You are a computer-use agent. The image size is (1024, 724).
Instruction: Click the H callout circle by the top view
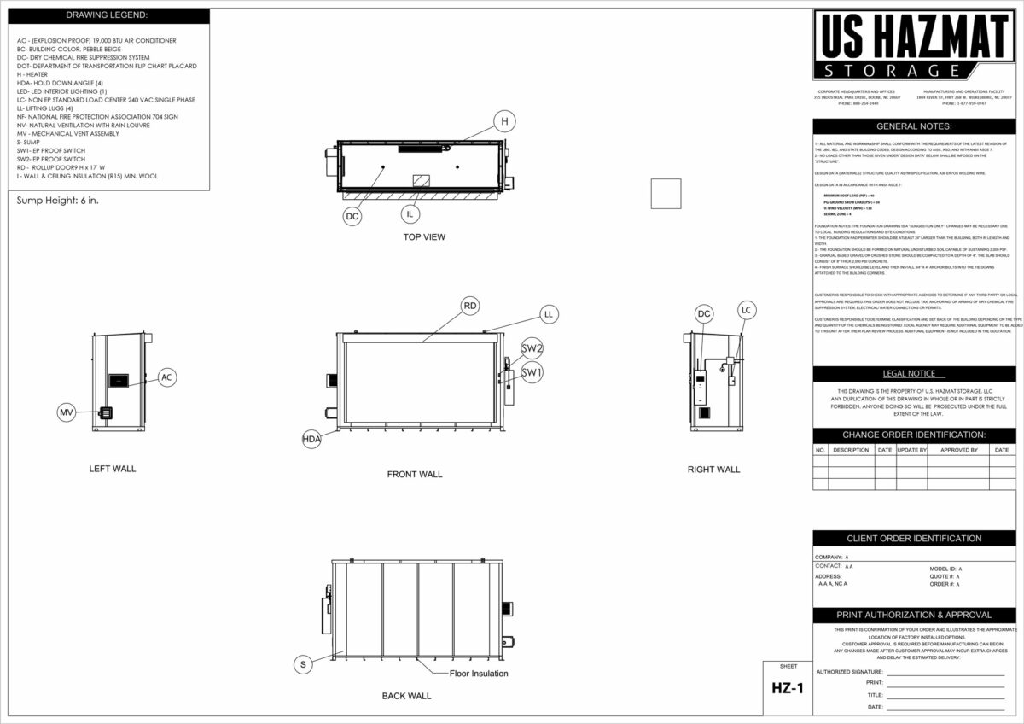(504, 122)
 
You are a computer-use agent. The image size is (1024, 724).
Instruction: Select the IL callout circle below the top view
(411, 213)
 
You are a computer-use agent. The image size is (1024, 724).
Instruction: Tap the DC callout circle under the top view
(352, 217)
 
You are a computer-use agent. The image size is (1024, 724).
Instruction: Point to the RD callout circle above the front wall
(470, 306)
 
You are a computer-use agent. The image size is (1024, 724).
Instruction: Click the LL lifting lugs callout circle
(549, 314)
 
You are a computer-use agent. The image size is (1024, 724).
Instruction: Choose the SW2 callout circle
(532, 348)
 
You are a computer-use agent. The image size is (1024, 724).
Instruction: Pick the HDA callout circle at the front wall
(311, 439)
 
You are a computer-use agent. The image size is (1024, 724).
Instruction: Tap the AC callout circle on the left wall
(167, 377)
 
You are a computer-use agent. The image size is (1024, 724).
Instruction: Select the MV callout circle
(67, 412)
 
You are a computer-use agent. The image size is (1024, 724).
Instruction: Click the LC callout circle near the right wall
(747, 309)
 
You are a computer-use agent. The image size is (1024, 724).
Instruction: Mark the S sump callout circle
(302, 663)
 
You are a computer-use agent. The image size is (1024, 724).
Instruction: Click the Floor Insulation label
(479, 674)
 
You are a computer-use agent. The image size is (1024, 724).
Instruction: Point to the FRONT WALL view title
(415, 474)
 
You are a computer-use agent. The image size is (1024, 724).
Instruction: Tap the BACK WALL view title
(406, 696)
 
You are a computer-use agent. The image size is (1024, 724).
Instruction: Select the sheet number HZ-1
(788, 688)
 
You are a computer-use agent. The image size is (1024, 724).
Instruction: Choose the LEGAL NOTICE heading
(913, 374)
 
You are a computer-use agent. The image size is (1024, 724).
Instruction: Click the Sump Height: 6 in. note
(58, 201)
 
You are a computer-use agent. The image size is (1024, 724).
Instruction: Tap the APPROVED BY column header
(958, 450)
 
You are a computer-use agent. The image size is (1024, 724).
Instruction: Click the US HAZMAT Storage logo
(914, 45)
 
